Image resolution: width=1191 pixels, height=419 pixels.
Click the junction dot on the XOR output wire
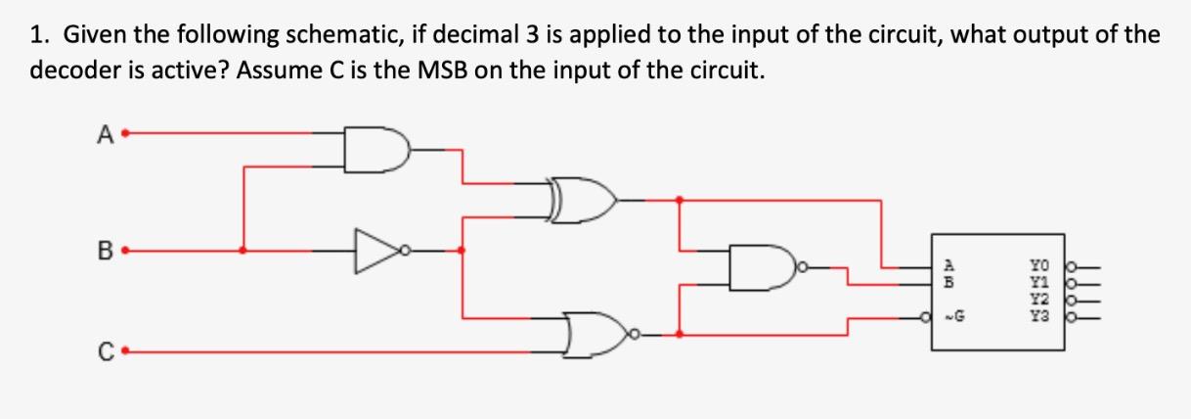click(x=681, y=200)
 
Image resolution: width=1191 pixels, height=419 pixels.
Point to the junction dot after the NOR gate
click(x=681, y=334)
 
